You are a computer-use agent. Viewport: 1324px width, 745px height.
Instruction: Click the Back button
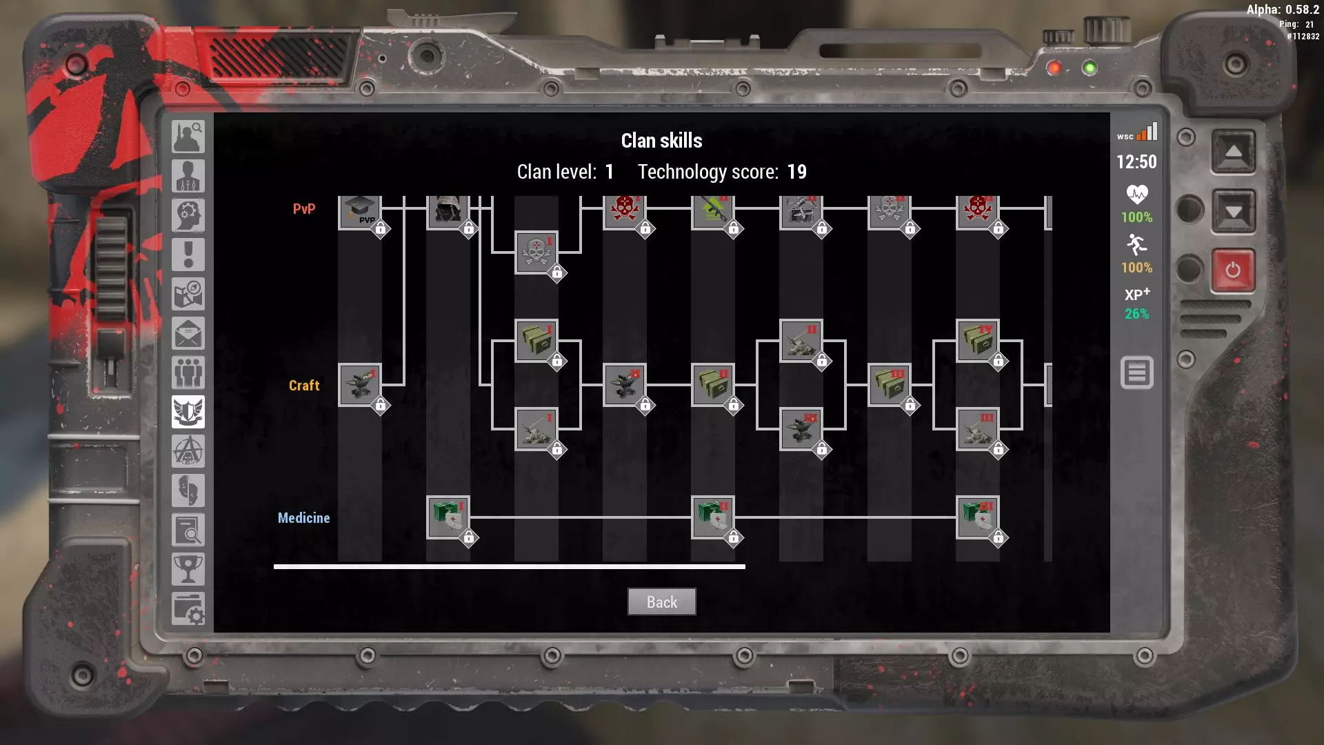coord(661,602)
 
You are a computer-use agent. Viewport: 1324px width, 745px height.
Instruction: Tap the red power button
coord(1233,270)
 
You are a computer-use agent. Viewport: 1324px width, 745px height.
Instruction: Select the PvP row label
coord(303,209)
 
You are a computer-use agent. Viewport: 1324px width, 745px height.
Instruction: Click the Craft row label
coord(303,386)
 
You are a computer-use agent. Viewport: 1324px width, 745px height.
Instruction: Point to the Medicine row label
coord(303,518)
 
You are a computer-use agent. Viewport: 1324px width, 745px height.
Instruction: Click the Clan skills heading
coord(661,141)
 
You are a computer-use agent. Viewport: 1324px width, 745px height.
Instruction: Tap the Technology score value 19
coord(796,172)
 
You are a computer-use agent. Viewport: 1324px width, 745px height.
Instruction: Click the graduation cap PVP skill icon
coord(360,210)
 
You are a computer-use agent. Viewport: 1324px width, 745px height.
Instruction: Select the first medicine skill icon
coord(448,517)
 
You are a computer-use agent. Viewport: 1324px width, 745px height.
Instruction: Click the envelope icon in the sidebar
coord(188,334)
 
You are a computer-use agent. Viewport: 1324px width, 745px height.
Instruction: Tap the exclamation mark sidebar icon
coord(188,255)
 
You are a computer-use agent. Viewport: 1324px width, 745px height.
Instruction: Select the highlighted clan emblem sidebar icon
coord(188,413)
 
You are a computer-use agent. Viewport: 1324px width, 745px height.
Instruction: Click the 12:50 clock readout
coord(1136,162)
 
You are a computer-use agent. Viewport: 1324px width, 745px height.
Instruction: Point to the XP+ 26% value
coord(1136,314)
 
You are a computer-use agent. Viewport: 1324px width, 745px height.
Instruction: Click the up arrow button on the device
coord(1233,151)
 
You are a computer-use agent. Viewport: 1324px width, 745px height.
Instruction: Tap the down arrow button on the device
coord(1233,211)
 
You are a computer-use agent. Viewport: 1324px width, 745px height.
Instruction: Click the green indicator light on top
coord(1090,68)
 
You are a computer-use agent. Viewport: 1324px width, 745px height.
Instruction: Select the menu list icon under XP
coord(1136,373)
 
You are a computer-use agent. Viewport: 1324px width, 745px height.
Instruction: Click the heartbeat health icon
coord(1136,194)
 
